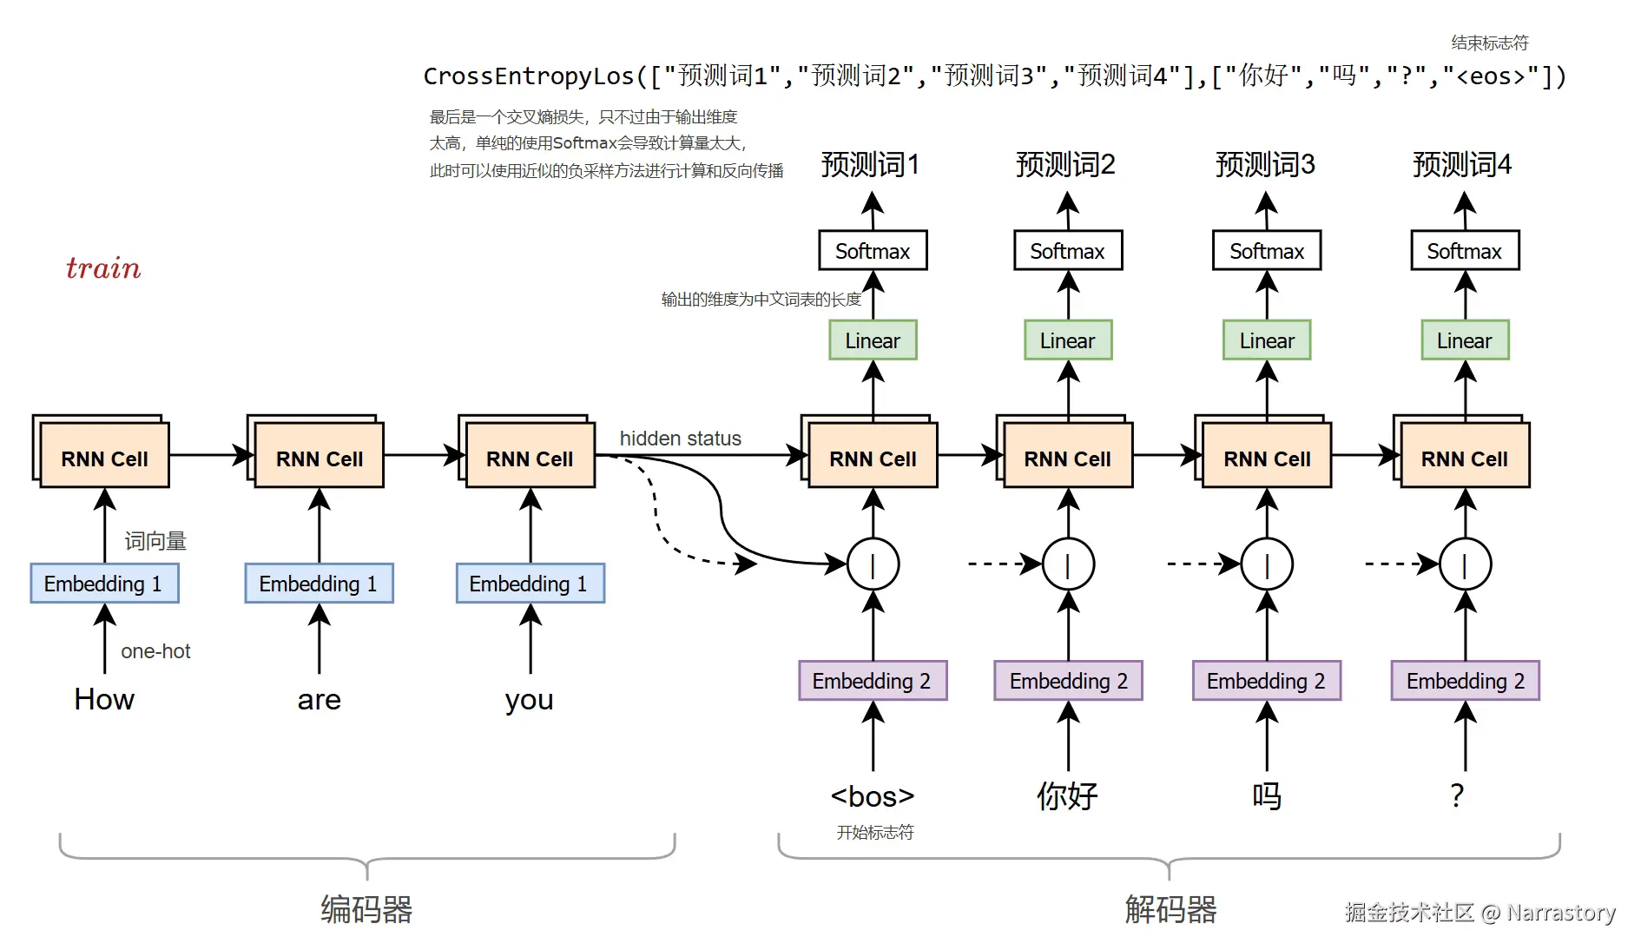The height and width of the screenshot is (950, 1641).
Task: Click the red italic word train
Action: [103, 268]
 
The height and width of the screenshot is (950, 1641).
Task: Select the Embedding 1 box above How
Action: [104, 584]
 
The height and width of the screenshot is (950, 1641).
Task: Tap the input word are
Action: [319, 700]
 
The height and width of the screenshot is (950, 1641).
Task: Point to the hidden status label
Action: [680, 439]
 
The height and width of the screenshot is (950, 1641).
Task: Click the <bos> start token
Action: [873, 796]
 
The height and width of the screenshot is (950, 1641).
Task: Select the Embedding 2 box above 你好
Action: [1068, 681]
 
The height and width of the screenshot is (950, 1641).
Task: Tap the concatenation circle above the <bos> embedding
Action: [873, 564]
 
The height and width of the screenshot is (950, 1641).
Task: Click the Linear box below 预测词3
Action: [1267, 340]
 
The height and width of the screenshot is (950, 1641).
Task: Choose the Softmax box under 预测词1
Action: [873, 251]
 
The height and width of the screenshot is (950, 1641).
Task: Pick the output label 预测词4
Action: [1462, 164]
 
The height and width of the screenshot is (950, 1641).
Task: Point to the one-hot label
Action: [155, 651]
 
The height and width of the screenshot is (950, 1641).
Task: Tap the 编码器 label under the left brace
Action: [366, 909]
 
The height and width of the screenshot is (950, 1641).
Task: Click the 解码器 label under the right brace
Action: [1170, 909]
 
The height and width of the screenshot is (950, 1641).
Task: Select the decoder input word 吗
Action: [1267, 796]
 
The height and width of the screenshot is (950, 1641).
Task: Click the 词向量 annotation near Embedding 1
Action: [155, 541]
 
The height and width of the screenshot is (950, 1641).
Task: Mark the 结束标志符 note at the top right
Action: [1489, 43]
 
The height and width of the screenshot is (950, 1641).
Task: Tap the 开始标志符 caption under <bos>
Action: [875, 833]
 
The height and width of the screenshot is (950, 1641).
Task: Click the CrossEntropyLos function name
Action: [529, 76]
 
